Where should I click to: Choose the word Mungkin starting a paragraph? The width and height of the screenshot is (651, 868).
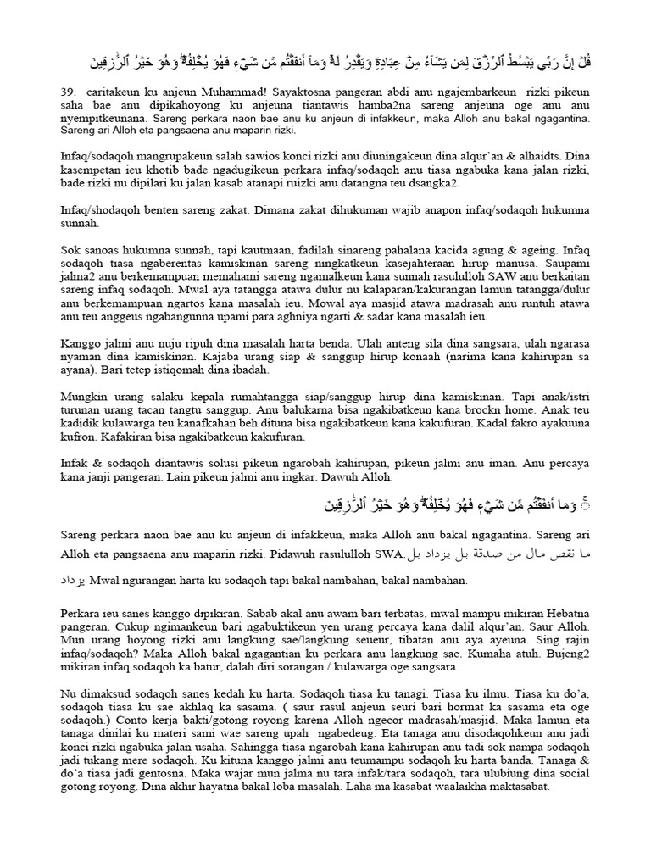pyautogui.click(x=85, y=395)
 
